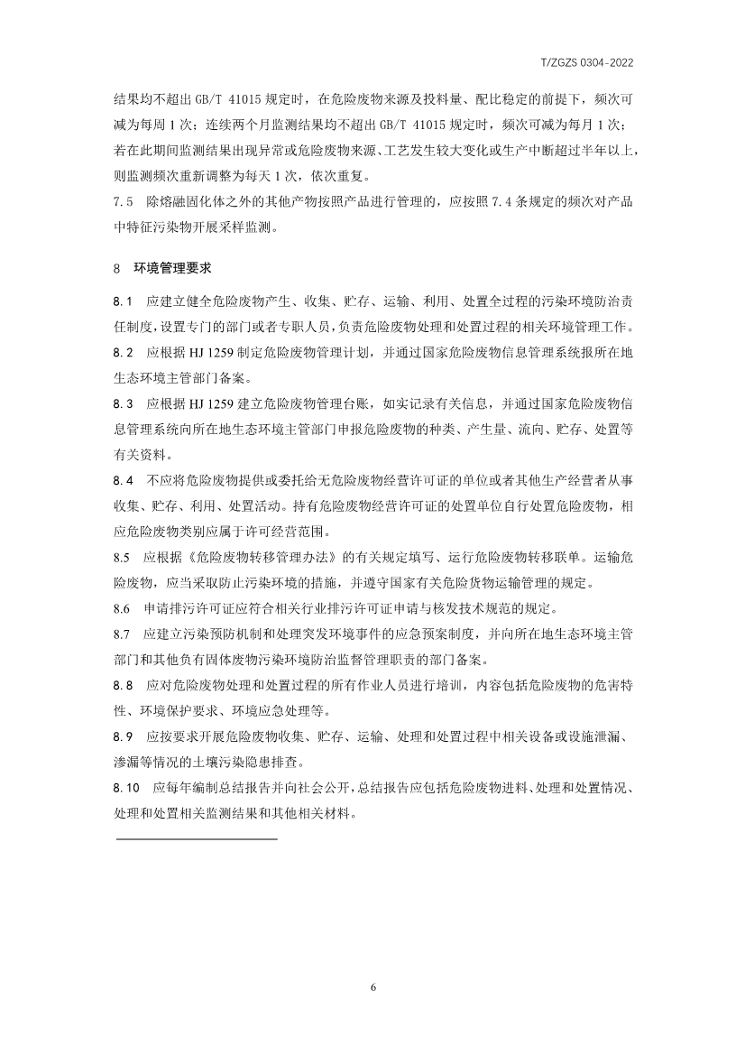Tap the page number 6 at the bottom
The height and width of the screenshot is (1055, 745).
click(x=372, y=986)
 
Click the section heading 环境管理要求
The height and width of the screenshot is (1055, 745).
click(x=172, y=268)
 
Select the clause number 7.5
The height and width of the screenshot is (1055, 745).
click(x=124, y=204)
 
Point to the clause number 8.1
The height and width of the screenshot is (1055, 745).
click(x=124, y=300)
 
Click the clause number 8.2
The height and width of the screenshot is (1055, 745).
click(x=124, y=351)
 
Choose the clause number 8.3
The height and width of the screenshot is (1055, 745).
click(x=124, y=403)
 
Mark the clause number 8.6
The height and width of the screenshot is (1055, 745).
click(x=124, y=606)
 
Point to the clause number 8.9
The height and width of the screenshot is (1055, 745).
click(x=124, y=736)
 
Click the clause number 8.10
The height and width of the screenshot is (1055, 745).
click(x=127, y=788)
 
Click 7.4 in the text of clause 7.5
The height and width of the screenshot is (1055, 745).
click(x=496, y=204)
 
